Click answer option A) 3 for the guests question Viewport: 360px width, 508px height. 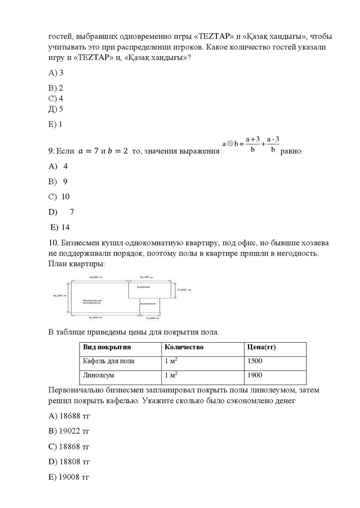(x=56, y=72)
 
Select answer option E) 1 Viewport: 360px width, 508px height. (x=55, y=125)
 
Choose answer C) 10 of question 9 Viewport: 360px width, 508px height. (x=59, y=196)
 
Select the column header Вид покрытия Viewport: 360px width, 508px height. (x=107, y=347)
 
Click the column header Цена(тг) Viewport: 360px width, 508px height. (x=261, y=347)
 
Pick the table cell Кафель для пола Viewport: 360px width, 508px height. (x=109, y=361)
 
